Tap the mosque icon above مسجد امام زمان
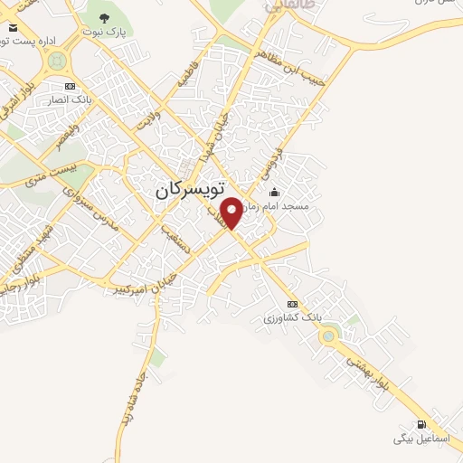point(275,192)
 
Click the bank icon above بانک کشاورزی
point(291,304)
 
